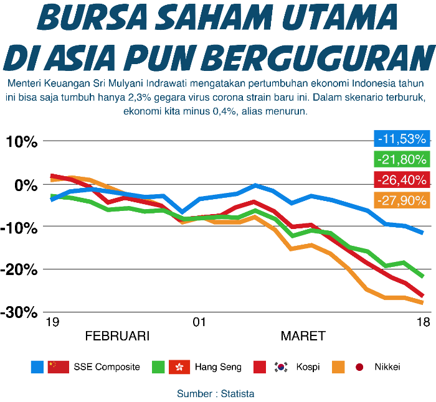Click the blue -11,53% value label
click(x=402, y=138)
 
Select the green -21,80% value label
click(x=402, y=159)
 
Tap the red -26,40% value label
click(x=402, y=180)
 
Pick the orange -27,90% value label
click(x=402, y=200)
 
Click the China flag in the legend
click(x=58, y=367)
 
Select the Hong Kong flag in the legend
click(x=179, y=367)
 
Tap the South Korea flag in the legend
click(x=280, y=367)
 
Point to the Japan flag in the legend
click(x=359, y=367)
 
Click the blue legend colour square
click(x=37, y=367)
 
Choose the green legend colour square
click(x=158, y=367)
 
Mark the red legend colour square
click(x=259, y=367)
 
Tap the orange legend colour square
click(x=338, y=367)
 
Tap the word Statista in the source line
click(x=237, y=394)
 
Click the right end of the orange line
click(x=423, y=303)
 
